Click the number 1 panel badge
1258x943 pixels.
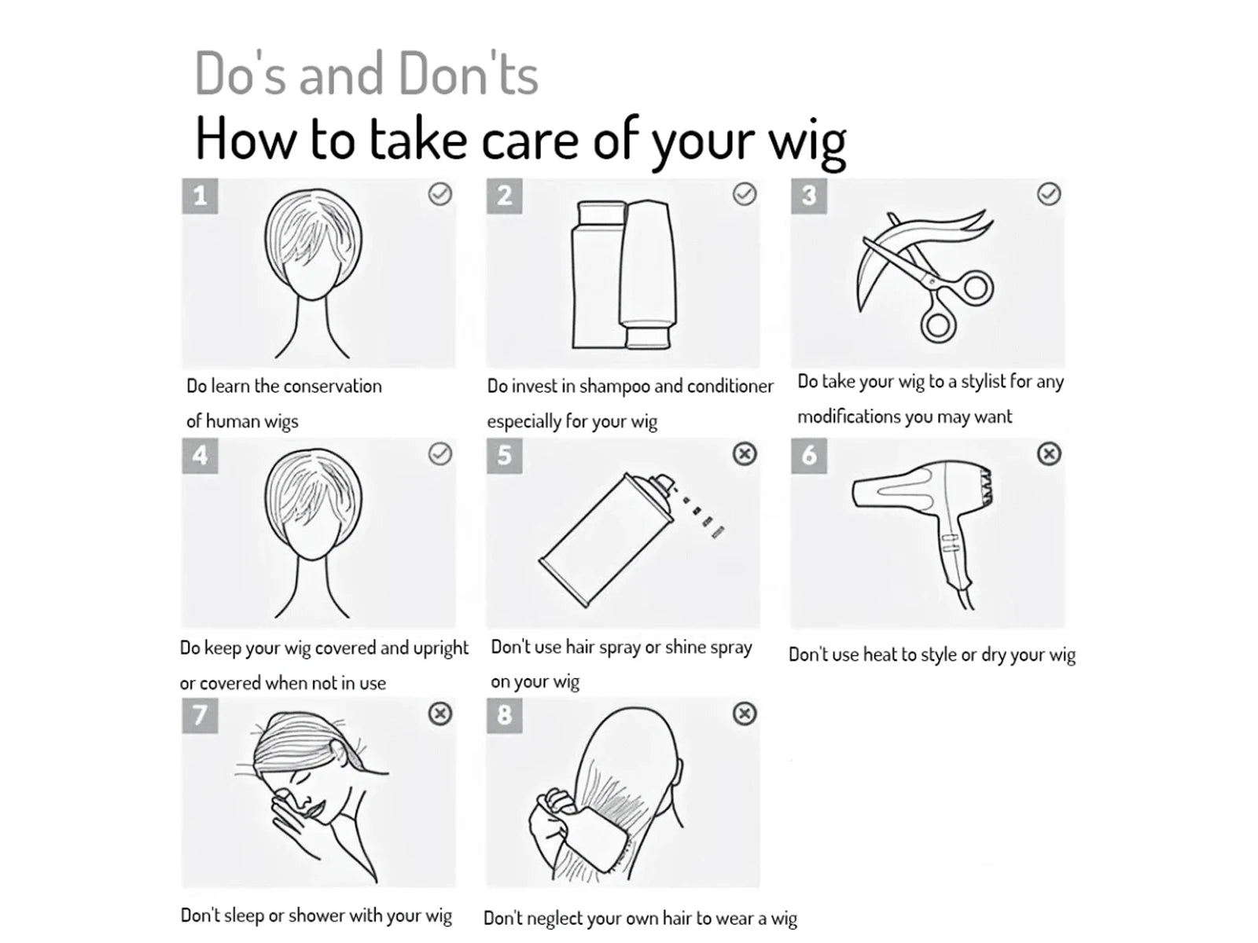(200, 196)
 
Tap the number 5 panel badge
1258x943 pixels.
(504, 456)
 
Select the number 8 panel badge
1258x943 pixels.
(504, 715)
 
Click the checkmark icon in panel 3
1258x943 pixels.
(1049, 194)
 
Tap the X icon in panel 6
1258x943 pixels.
(1049, 454)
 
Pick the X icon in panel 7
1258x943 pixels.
(440, 714)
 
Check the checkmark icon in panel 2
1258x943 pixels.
(745, 194)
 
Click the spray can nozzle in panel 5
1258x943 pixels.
(665, 483)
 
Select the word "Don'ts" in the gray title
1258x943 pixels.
(469, 73)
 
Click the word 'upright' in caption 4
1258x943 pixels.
(441, 649)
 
